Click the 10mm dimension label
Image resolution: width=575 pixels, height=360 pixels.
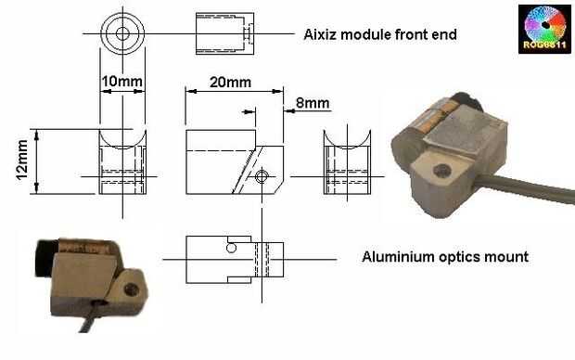pos(121,81)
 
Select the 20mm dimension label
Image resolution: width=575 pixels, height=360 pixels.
pos(230,83)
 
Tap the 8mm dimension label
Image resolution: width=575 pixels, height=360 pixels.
pos(313,103)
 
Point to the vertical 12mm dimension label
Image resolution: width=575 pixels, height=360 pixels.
pos(22,160)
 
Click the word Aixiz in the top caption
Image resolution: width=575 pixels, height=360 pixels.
pos(321,35)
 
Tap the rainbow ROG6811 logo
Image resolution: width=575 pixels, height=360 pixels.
pos(544,29)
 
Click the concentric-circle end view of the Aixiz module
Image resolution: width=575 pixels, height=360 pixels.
pos(122,33)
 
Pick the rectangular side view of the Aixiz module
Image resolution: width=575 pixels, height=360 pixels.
pos(224,33)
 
